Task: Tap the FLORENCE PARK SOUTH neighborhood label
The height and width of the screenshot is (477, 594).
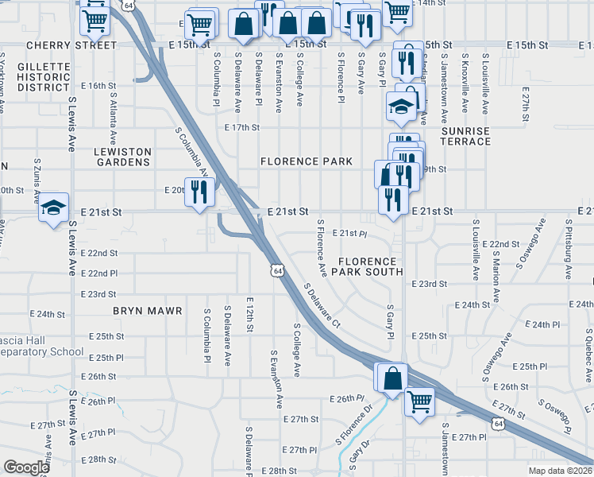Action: [367, 266]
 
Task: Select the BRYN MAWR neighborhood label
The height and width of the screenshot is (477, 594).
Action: [148, 311]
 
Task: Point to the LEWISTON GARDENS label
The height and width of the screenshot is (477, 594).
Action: [121, 157]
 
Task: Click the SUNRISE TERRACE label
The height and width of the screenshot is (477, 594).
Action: [466, 136]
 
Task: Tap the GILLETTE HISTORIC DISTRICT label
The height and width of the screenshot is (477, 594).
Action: [44, 76]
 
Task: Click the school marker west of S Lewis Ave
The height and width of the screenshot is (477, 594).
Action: [54, 209]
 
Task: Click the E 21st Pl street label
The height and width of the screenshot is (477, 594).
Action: [349, 234]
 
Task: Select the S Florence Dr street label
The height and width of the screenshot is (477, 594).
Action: [357, 425]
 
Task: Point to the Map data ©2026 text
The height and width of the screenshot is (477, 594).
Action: [561, 471]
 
